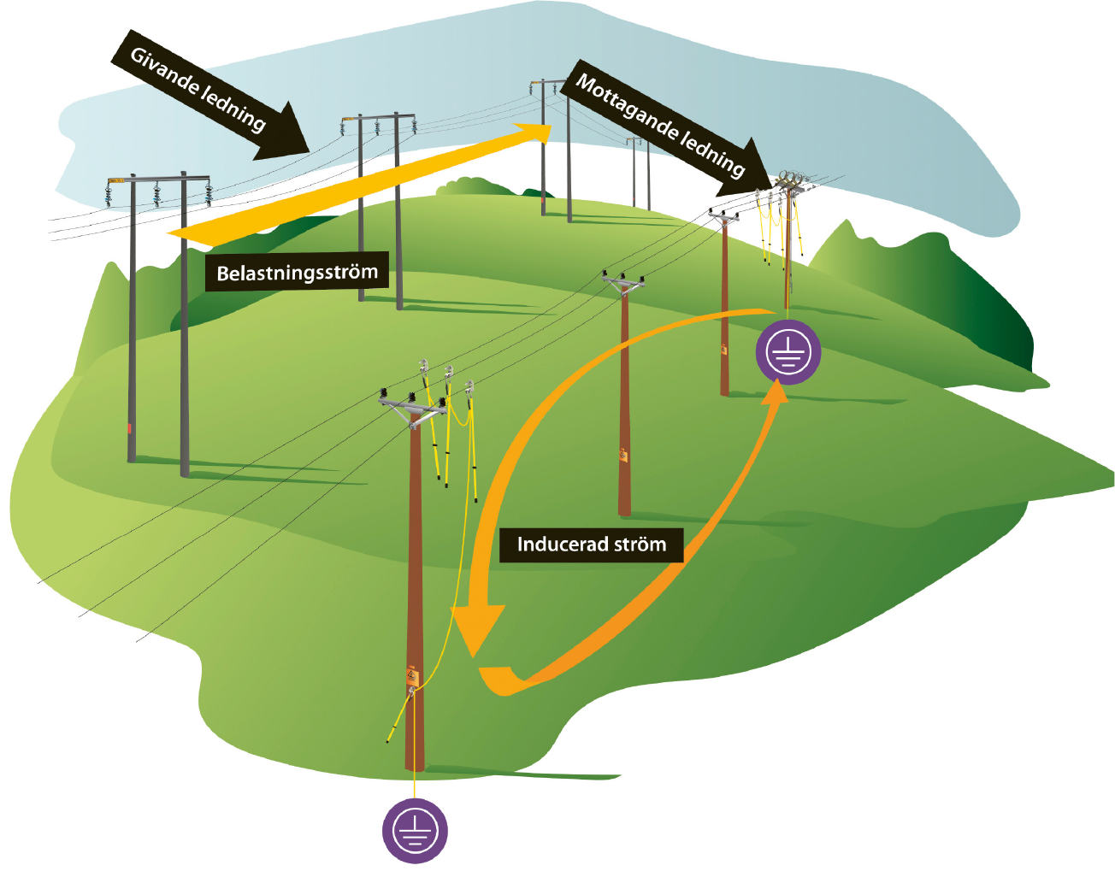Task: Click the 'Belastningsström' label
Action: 297,273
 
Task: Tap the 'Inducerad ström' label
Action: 591,545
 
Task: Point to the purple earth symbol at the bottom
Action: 415,830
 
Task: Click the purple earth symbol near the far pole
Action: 788,352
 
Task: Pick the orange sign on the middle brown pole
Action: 623,456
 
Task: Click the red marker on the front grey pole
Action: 130,427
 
